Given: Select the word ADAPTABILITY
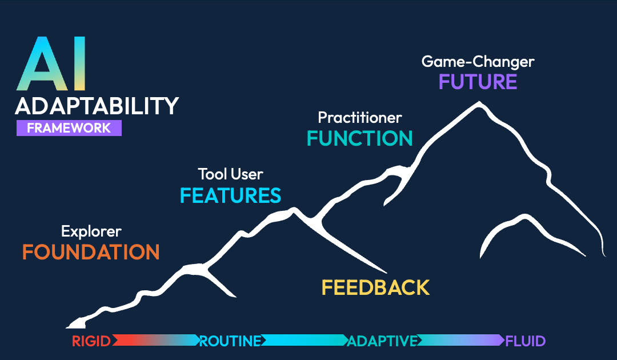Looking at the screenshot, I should pyautogui.click(x=97, y=106).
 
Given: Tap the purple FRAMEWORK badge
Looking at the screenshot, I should pyautogui.click(x=69, y=128).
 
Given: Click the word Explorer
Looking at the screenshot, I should pyautogui.click(x=91, y=231).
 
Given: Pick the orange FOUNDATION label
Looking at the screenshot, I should pyautogui.click(x=91, y=252).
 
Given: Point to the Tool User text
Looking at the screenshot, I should pyautogui.click(x=230, y=174).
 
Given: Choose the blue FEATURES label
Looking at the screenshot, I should pyautogui.click(x=230, y=195).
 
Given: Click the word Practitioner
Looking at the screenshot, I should pyautogui.click(x=360, y=118).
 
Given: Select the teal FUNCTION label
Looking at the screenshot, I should pyautogui.click(x=360, y=139).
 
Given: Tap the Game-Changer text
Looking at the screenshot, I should pyautogui.click(x=478, y=61).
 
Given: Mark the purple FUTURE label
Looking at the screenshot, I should pyautogui.click(x=478, y=82).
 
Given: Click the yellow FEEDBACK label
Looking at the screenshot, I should pyautogui.click(x=375, y=287).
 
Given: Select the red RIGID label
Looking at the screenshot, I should pyautogui.click(x=92, y=342).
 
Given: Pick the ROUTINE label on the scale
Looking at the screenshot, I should pyautogui.click(x=230, y=342).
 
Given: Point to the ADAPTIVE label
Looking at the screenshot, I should pyautogui.click(x=382, y=342).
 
